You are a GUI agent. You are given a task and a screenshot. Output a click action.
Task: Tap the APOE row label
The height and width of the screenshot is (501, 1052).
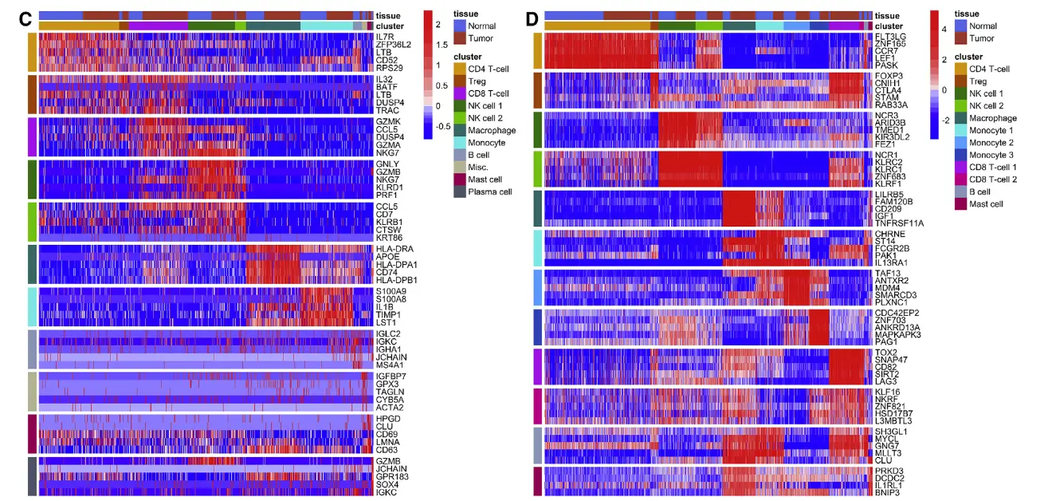click(x=387, y=257)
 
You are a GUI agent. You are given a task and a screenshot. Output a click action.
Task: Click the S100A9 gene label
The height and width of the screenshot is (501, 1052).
click(x=390, y=291)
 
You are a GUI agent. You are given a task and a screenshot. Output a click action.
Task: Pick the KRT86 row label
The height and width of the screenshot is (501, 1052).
click(x=388, y=238)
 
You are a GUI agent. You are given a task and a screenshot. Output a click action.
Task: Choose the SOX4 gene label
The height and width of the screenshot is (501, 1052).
click(x=387, y=484)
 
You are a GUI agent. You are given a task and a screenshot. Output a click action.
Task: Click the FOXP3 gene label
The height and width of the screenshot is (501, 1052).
click(x=889, y=76)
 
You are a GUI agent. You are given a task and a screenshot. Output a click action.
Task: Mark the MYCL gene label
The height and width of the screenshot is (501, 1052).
click(x=886, y=439)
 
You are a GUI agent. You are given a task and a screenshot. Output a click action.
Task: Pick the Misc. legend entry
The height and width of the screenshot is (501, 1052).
click(x=478, y=167)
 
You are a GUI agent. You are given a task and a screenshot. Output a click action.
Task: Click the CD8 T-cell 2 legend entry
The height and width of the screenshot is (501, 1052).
click(x=992, y=179)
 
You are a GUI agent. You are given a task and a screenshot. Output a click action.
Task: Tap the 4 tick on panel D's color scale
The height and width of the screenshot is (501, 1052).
click(x=944, y=28)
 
